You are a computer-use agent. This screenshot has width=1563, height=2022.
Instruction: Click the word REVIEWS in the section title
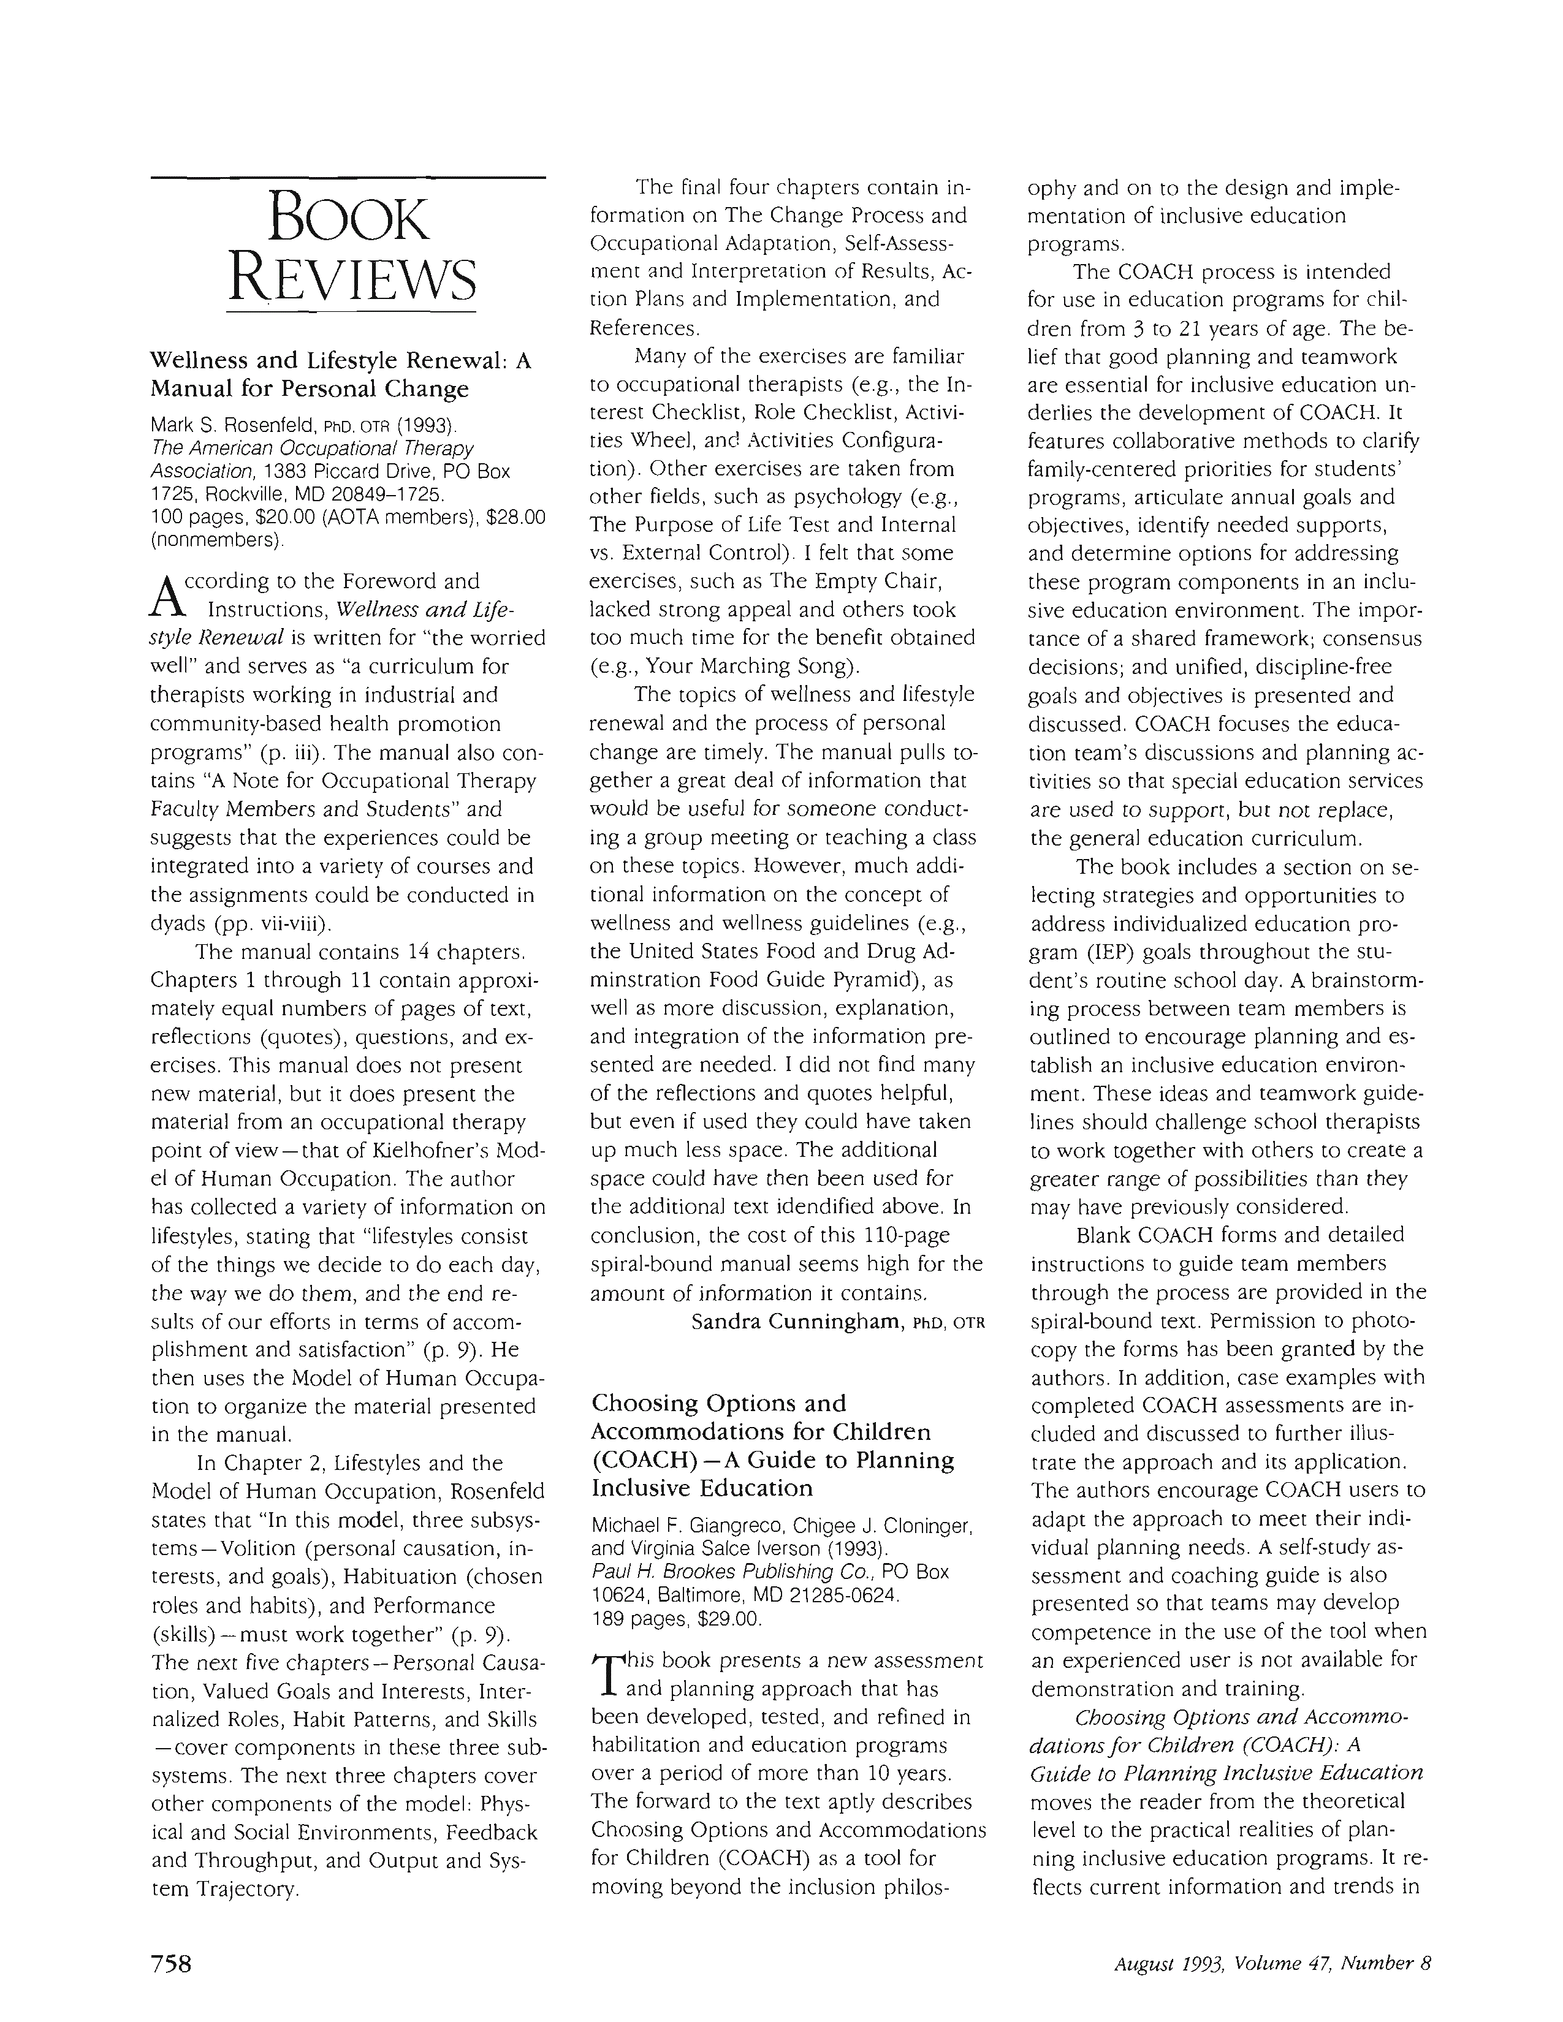(x=351, y=278)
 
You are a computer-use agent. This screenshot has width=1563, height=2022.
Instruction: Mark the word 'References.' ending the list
(x=644, y=327)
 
